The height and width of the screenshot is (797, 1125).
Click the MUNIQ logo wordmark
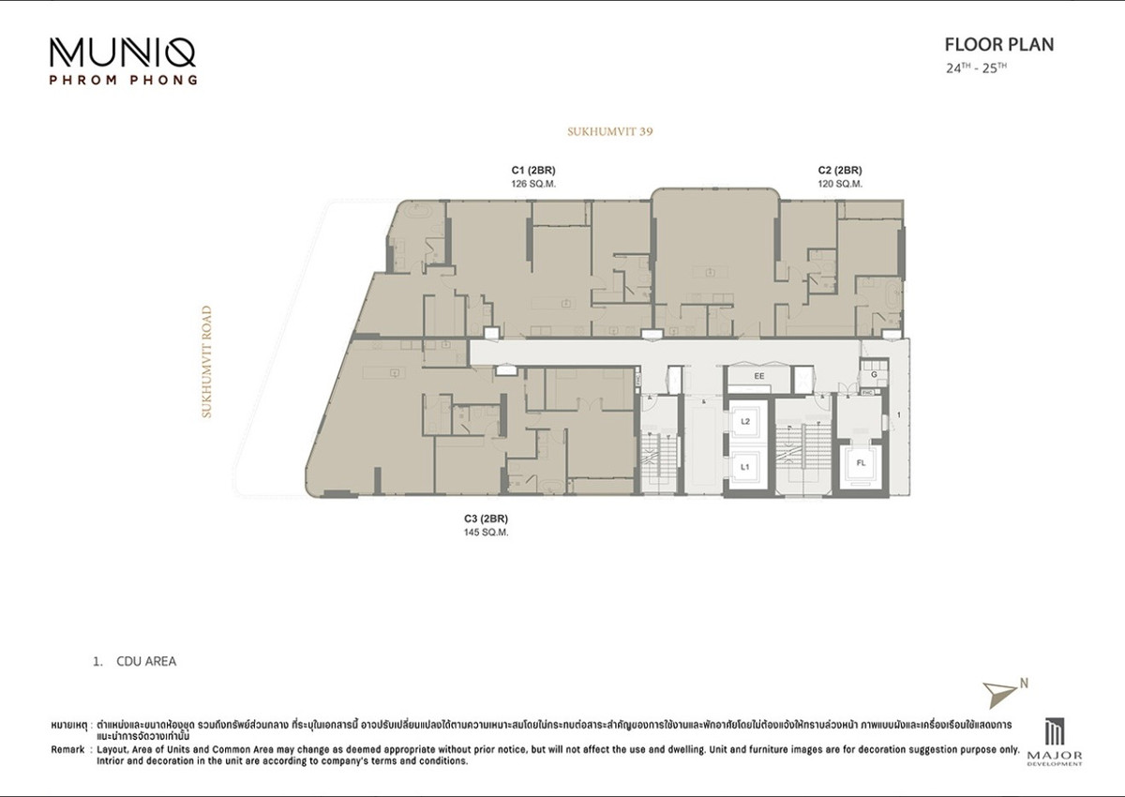pyautogui.click(x=124, y=53)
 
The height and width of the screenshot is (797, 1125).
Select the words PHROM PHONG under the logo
pyautogui.click(x=123, y=81)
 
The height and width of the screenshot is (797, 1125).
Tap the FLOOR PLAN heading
pyautogui.click(x=998, y=44)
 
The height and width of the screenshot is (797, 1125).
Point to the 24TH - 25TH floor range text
pyautogui.click(x=976, y=68)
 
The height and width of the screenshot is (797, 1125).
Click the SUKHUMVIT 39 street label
pyautogui.click(x=609, y=132)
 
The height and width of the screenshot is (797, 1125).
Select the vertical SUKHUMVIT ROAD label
pyautogui.click(x=207, y=361)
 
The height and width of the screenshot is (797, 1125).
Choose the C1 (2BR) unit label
pyautogui.click(x=532, y=170)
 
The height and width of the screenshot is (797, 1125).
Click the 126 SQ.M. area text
pyautogui.click(x=532, y=184)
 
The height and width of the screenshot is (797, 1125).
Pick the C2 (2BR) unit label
pyautogui.click(x=839, y=170)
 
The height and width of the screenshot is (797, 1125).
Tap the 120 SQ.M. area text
pyautogui.click(x=839, y=184)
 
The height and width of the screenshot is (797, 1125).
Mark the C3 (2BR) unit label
pyautogui.click(x=486, y=518)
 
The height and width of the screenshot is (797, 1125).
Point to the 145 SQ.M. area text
pyautogui.click(x=486, y=532)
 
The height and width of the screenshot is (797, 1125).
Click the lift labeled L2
pyautogui.click(x=745, y=422)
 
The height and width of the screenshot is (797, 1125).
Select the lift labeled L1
pyautogui.click(x=745, y=466)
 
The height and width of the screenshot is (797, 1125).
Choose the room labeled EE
pyautogui.click(x=760, y=376)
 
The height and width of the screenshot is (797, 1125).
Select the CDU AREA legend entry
pyautogui.click(x=145, y=661)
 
